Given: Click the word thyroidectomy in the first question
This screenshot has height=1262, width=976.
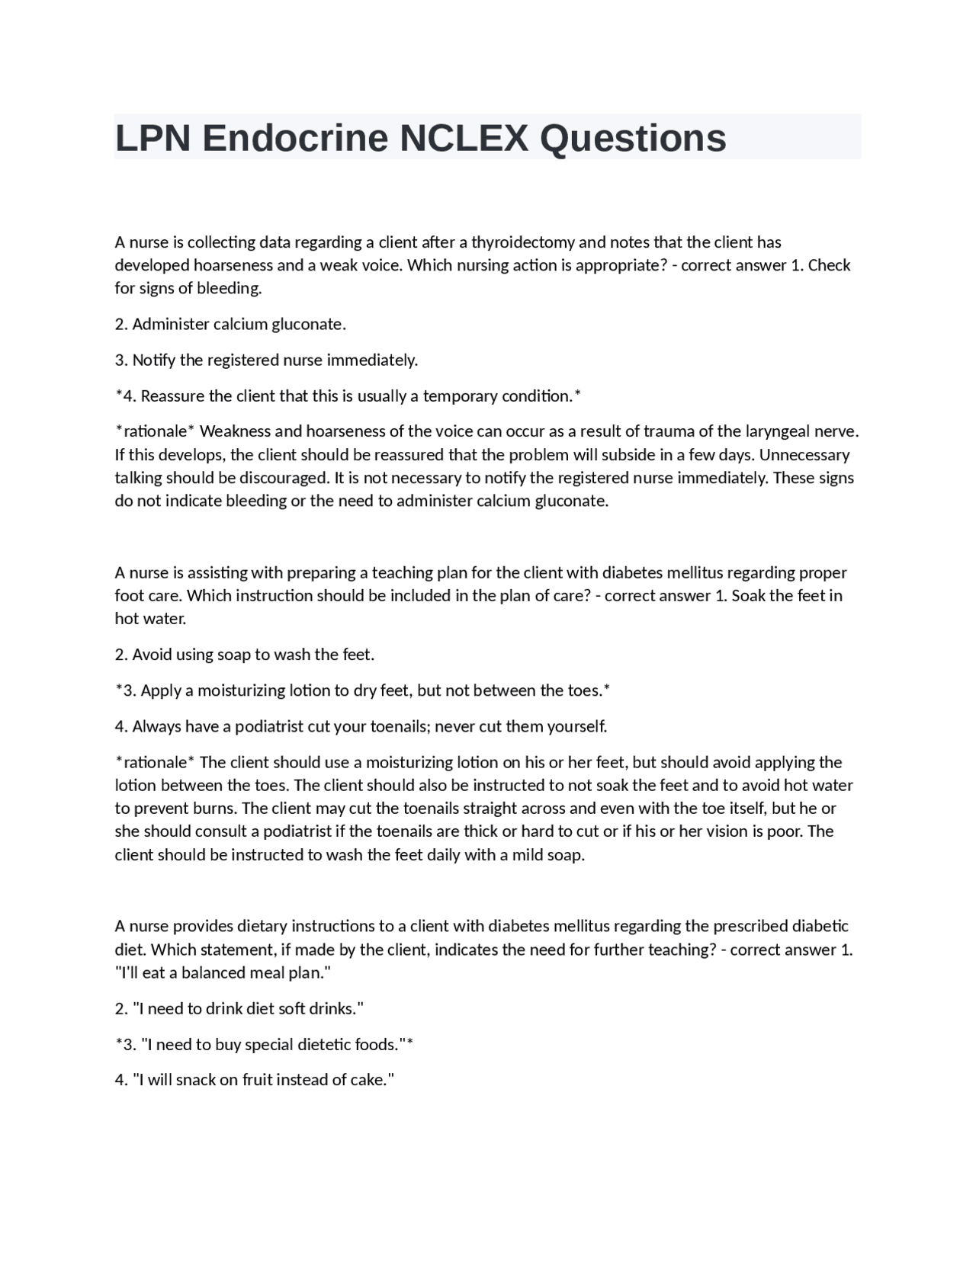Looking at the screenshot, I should (x=523, y=242).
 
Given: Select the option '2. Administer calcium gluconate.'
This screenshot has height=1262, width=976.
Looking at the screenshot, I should (x=230, y=324).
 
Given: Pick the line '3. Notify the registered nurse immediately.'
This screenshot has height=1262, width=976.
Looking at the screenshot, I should (x=266, y=360).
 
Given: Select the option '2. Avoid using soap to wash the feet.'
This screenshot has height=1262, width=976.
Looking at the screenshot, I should (x=245, y=655).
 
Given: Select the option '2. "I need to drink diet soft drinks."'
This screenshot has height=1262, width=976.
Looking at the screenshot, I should (x=239, y=1008).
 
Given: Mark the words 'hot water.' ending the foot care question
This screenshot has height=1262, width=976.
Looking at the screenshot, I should (x=150, y=619).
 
